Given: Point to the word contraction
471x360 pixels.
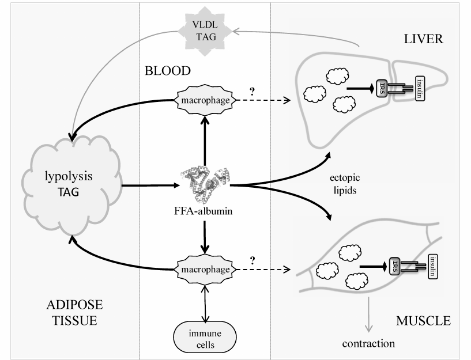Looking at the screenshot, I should click(x=368, y=344).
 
